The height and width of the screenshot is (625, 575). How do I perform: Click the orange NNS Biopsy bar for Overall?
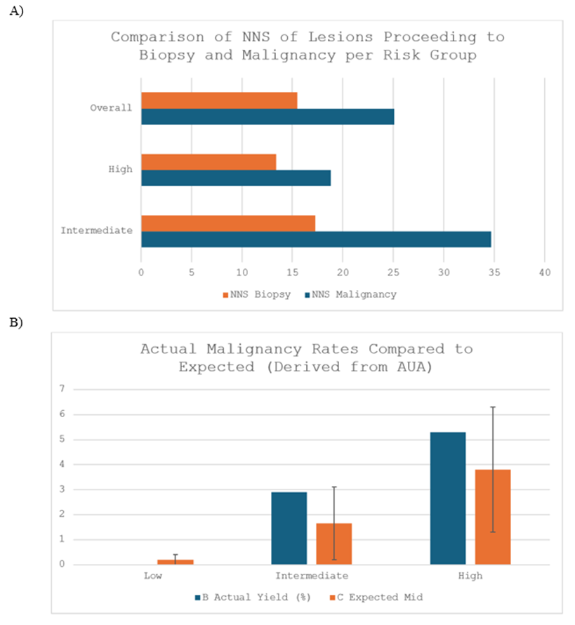click(x=219, y=100)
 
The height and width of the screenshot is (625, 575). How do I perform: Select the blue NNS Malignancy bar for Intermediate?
click(x=316, y=239)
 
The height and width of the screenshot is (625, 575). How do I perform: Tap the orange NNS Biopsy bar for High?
click(x=209, y=162)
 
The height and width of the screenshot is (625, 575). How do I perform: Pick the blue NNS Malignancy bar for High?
click(x=236, y=178)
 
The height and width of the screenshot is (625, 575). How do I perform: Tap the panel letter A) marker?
click(x=15, y=13)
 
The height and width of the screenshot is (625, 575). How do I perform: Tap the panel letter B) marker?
click(x=15, y=322)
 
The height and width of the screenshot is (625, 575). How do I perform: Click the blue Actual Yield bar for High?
click(x=448, y=498)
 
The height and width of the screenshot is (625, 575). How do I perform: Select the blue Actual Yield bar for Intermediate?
click(x=289, y=528)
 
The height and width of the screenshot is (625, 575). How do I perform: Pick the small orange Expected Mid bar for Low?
click(x=176, y=562)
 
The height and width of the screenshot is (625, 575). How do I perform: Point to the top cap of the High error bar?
click(x=493, y=407)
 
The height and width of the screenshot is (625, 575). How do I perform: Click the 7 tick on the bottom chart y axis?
click(x=62, y=389)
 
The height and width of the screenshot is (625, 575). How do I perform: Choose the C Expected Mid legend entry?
click(x=380, y=598)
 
